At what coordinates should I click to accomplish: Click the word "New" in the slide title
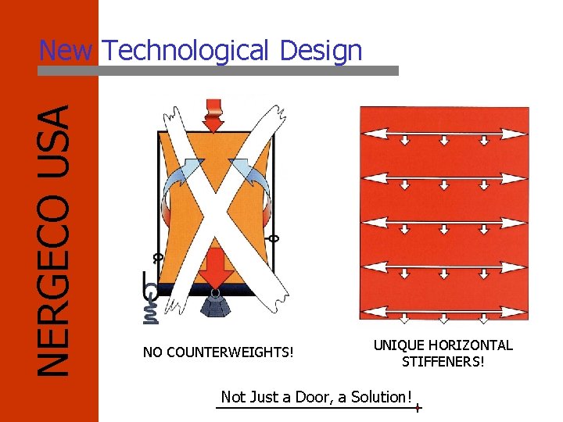tap(66, 51)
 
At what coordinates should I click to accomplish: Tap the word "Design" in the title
tap(321, 52)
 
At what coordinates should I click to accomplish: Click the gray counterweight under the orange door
tap(216, 305)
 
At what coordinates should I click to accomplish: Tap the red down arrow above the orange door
tap(213, 116)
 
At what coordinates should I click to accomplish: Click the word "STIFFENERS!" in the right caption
tap(443, 362)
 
